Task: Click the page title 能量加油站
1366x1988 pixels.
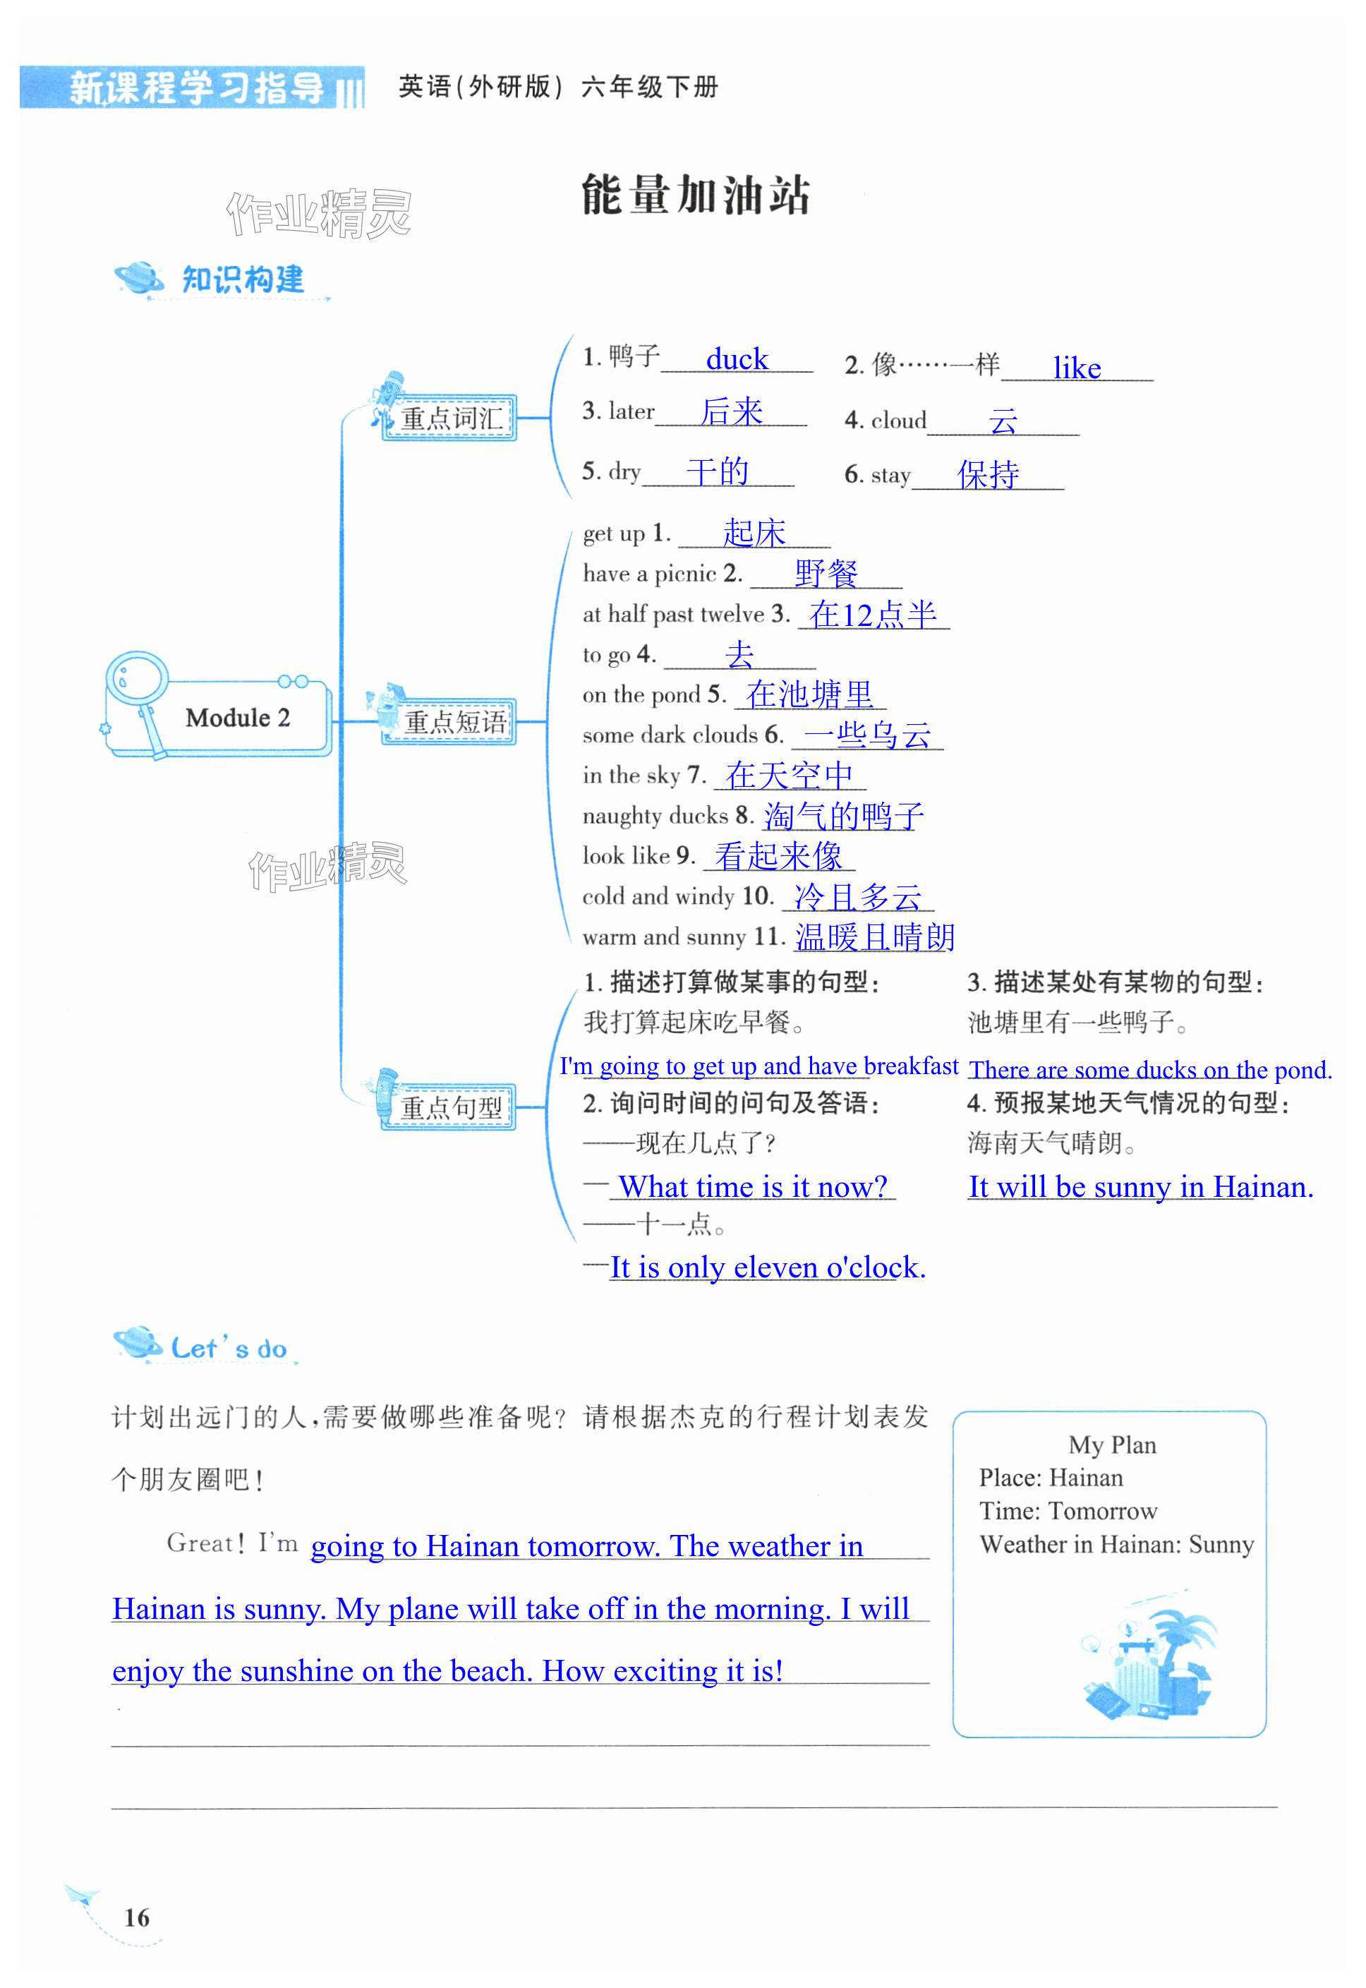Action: tap(695, 195)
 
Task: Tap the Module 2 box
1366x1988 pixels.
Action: tap(237, 717)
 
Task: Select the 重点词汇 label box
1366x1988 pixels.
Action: tap(450, 418)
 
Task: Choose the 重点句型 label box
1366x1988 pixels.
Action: tap(450, 1107)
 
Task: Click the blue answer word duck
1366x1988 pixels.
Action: tap(736, 359)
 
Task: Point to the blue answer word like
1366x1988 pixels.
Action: tap(1076, 368)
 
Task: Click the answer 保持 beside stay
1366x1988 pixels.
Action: tap(988, 474)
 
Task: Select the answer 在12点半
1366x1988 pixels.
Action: tap(873, 615)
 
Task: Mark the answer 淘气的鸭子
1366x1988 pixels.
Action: tap(843, 816)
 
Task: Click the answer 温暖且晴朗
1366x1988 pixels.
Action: tap(874, 937)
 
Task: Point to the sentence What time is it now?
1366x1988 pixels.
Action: tap(752, 1186)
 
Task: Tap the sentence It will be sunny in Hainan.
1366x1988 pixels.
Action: tap(1140, 1186)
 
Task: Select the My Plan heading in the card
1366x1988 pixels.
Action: tap(1112, 1445)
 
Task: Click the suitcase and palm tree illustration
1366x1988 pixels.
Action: tap(1146, 1661)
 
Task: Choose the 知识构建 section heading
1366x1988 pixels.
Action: tap(242, 279)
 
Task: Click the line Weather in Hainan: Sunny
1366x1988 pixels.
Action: tap(1116, 1545)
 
